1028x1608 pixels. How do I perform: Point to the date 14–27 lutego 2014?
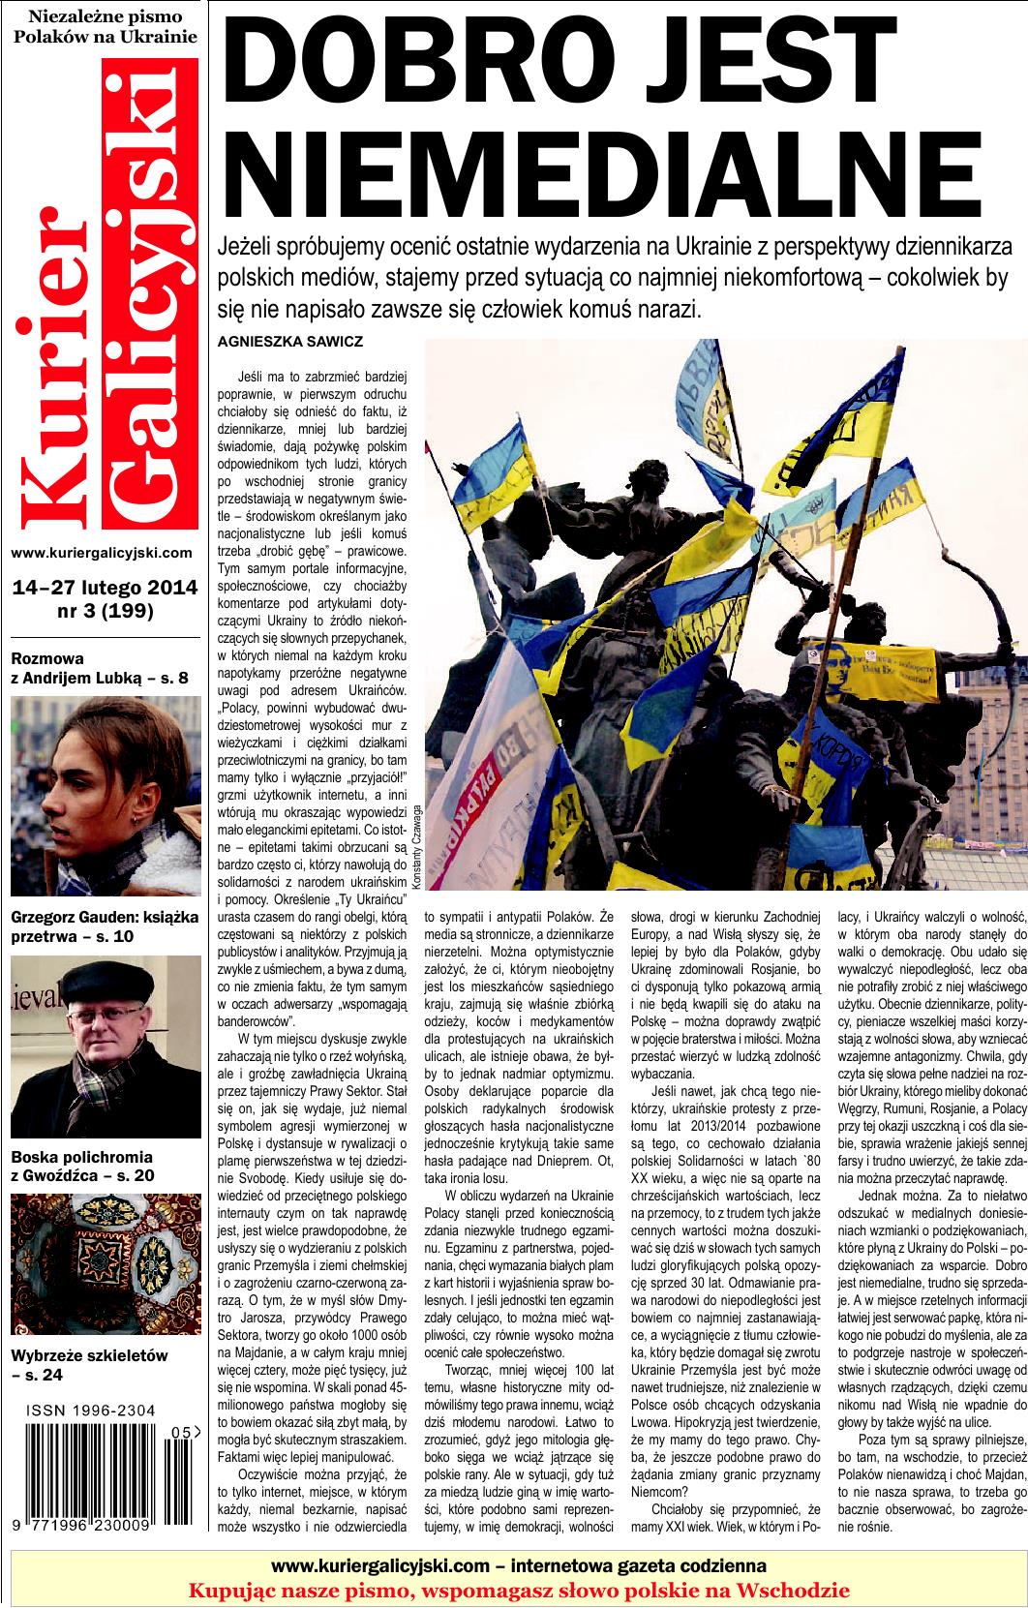[x=105, y=588]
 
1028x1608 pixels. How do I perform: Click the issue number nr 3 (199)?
[x=106, y=611]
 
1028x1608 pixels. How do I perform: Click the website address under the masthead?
[x=102, y=553]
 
